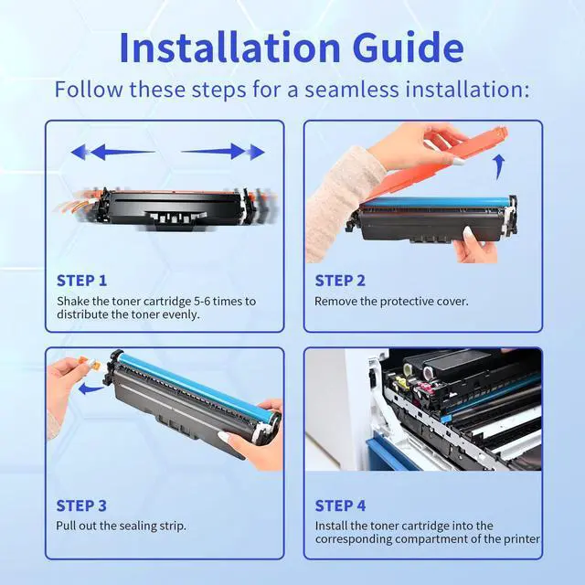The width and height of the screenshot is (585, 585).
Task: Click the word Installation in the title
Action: [x=229, y=48]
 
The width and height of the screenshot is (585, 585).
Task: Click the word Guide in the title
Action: [x=409, y=48]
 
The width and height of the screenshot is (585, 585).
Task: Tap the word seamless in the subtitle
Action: [x=352, y=90]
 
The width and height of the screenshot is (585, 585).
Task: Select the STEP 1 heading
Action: [x=81, y=281]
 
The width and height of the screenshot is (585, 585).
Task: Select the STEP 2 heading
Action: [x=340, y=281]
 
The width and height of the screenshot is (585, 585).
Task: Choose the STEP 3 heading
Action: [x=81, y=505]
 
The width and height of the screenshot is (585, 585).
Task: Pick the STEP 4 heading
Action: [x=340, y=505]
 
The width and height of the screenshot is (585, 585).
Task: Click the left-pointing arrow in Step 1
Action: [x=112, y=152]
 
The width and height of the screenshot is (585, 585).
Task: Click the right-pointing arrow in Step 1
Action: [x=223, y=152]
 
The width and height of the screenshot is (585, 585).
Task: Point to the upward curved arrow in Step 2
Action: [x=499, y=167]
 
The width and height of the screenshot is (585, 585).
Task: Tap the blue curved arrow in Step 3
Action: [x=90, y=388]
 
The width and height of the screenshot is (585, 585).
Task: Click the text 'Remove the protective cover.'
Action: [x=391, y=302]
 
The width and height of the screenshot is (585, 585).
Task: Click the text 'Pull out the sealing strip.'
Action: [x=121, y=526]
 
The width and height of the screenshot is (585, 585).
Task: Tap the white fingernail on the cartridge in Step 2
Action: [x=468, y=233]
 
